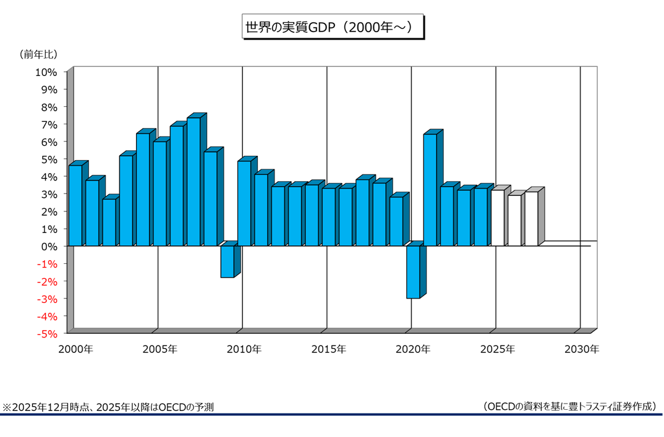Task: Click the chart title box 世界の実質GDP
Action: coord(331,28)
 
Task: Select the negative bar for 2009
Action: coord(228,261)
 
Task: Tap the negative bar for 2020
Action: coord(413,272)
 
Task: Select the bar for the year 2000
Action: coord(75,205)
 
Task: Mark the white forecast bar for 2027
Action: coord(531,219)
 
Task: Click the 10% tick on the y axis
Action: coord(46,72)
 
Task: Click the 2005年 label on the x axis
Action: coord(160,349)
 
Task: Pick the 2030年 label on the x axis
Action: coord(581,349)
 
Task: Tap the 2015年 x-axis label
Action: coord(328,349)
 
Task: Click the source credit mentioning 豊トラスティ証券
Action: coord(569,406)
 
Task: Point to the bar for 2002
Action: coord(109,222)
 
